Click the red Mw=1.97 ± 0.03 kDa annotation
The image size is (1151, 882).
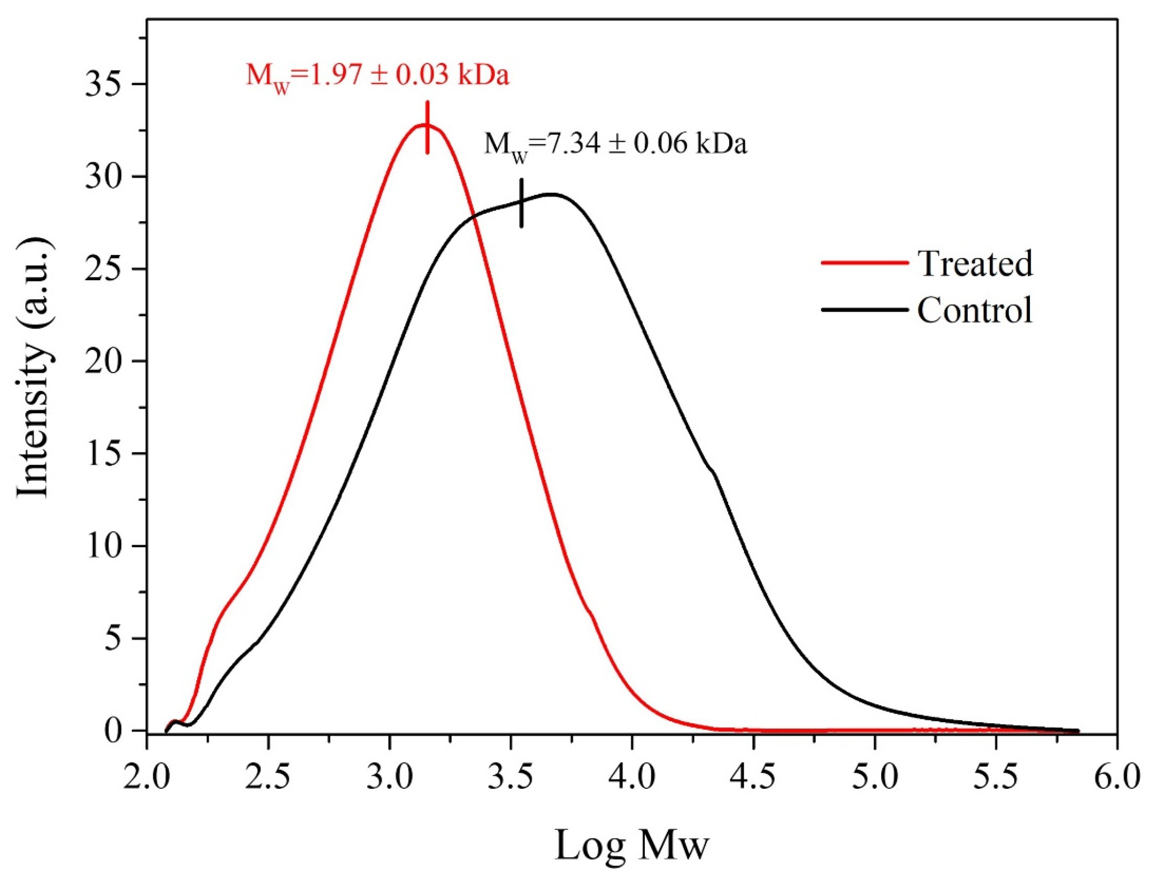pyautogui.click(x=377, y=77)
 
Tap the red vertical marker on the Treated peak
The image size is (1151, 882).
pyautogui.click(x=427, y=128)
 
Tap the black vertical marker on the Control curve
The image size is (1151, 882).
pyautogui.click(x=521, y=203)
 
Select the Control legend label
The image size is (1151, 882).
pyautogui.click(x=975, y=310)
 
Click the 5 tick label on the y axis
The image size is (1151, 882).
pyautogui.click(x=115, y=639)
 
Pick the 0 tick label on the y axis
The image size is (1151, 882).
pyautogui.click(x=115, y=731)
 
